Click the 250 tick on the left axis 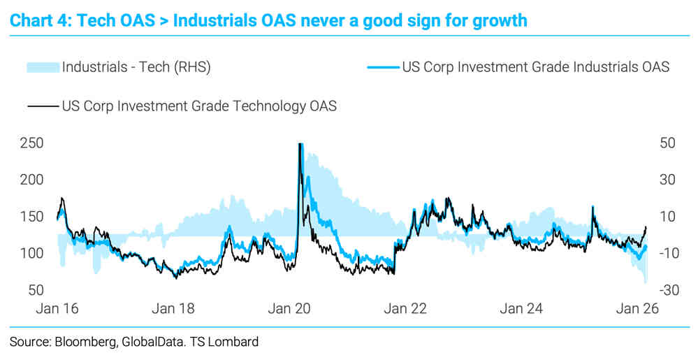click(x=32, y=143)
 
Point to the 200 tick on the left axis click(x=32, y=180)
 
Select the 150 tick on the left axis click(x=32, y=216)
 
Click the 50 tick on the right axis click(x=667, y=143)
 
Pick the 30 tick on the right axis click(x=667, y=180)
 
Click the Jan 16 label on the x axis click(x=57, y=308)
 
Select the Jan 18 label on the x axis click(x=173, y=308)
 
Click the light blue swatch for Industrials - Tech click(x=43, y=68)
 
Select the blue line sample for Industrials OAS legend click(x=383, y=68)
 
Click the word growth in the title click(x=497, y=20)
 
